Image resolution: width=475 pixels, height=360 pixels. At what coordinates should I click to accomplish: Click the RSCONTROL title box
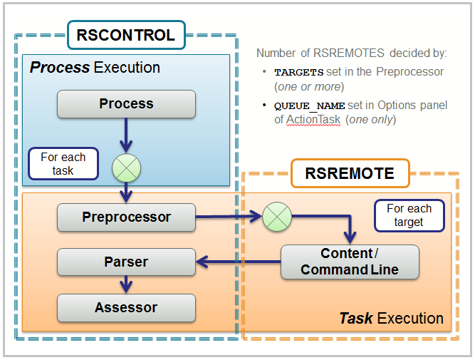[x=126, y=35]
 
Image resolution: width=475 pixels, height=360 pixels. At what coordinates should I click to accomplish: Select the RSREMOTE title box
[x=350, y=173]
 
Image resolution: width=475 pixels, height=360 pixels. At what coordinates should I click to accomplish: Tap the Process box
[x=126, y=104]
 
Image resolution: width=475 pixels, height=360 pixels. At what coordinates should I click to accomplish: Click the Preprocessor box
[x=126, y=217]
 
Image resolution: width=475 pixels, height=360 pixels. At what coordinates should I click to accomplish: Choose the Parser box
[x=126, y=262]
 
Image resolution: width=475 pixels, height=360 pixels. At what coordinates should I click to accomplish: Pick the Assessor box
[x=126, y=308]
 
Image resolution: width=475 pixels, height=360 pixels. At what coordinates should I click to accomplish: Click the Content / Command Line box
[x=349, y=262]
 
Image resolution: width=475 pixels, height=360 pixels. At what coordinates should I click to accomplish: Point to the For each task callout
[x=63, y=164]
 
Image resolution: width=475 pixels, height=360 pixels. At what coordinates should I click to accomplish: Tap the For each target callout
[x=409, y=215]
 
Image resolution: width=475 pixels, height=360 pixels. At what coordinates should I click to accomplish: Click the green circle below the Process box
[x=126, y=168]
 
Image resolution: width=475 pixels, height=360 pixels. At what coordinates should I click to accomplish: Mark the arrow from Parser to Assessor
[x=126, y=285]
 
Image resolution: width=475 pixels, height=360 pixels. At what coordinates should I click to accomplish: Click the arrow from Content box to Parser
[x=238, y=263]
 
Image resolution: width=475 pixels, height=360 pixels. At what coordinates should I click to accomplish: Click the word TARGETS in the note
[x=298, y=72]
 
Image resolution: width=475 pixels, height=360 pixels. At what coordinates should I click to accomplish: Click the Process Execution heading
[x=95, y=68]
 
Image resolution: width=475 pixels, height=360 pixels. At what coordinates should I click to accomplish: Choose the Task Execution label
[x=391, y=318]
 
